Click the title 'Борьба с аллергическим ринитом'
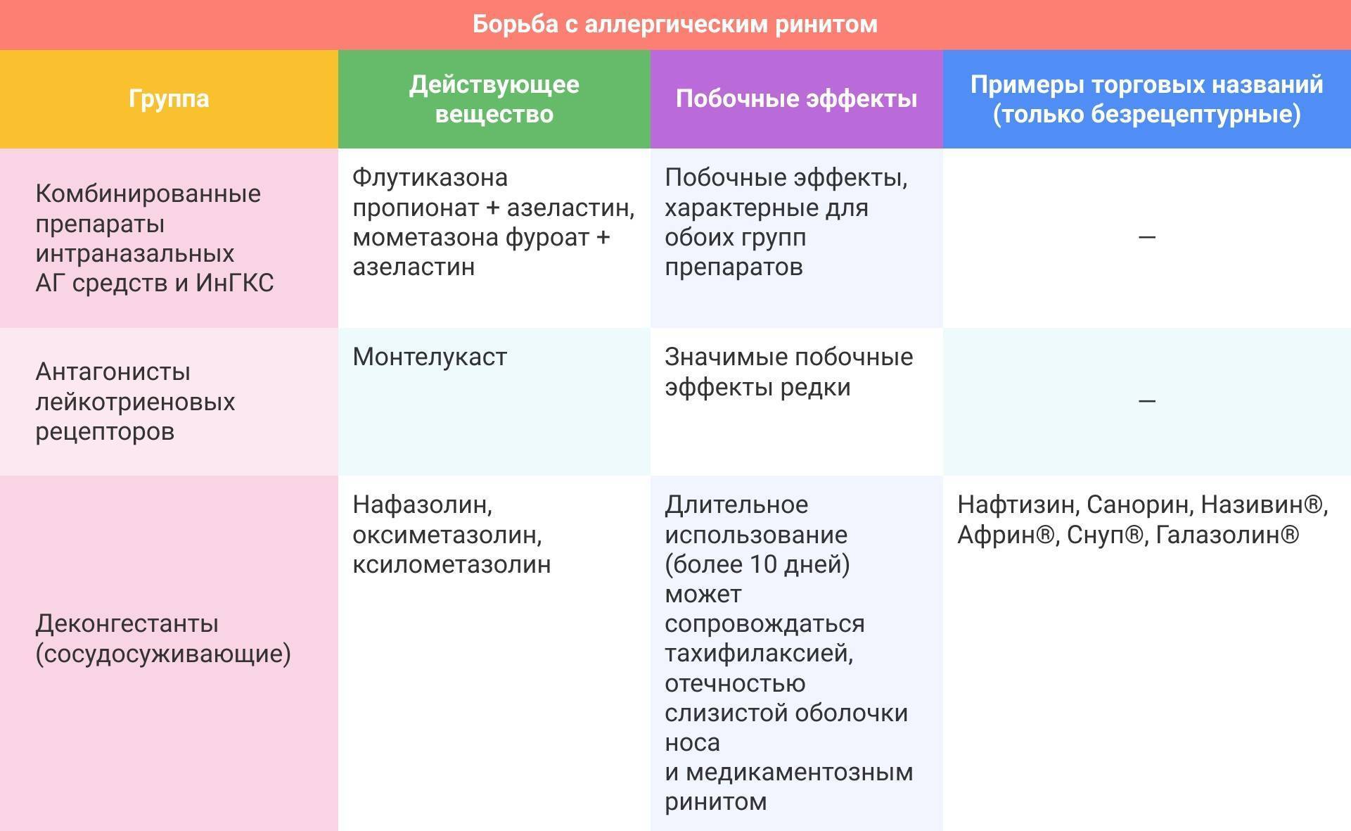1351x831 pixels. pos(674,24)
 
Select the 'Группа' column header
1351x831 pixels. pos(169,99)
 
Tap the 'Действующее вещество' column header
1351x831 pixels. pos(494,99)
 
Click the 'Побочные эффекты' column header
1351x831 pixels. pos(796,99)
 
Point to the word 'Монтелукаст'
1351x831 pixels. pos(430,357)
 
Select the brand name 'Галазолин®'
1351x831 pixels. pos(1227,535)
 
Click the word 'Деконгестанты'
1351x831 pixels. pos(127,623)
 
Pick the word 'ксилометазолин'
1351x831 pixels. pos(452,564)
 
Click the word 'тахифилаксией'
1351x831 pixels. pos(759,653)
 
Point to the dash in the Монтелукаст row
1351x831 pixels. pos(1146,401)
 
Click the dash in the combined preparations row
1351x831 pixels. pos(1146,238)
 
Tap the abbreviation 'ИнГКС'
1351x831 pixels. pos(234,283)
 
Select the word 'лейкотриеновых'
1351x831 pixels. pos(135,402)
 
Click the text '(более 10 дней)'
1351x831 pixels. pos(757,564)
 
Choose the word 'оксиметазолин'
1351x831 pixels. pos(446,535)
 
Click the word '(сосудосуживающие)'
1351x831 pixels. pos(163,654)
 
